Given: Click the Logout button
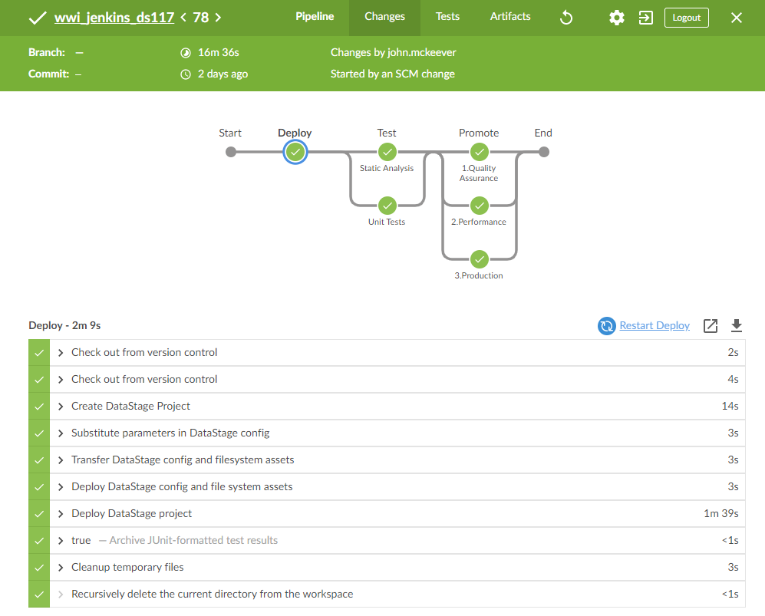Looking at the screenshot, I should click(x=686, y=18).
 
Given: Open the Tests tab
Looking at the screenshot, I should click(x=447, y=17).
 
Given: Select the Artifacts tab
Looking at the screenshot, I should click(x=510, y=17).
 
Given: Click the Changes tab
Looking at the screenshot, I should click(x=384, y=17).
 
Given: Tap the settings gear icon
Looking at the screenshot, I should click(x=616, y=18).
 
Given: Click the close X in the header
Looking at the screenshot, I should click(x=737, y=18).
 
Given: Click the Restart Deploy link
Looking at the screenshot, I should click(x=654, y=325).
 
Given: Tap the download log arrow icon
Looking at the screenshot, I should click(x=737, y=326).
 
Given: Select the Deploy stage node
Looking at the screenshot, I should click(x=295, y=152).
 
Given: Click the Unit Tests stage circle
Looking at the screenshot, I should click(x=387, y=206).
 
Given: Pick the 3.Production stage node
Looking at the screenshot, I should click(x=479, y=259).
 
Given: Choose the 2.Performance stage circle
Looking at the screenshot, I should click(x=479, y=206).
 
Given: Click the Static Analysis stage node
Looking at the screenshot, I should click(x=387, y=152).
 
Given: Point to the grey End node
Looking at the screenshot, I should click(x=544, y=152).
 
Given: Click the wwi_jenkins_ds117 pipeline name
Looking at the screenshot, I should click(x=114, y=17).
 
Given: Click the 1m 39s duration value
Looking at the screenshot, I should click(x=720, y=513).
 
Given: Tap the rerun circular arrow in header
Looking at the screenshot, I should click(x=566, y=18).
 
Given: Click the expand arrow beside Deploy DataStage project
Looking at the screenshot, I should click(x=61, y=513).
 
